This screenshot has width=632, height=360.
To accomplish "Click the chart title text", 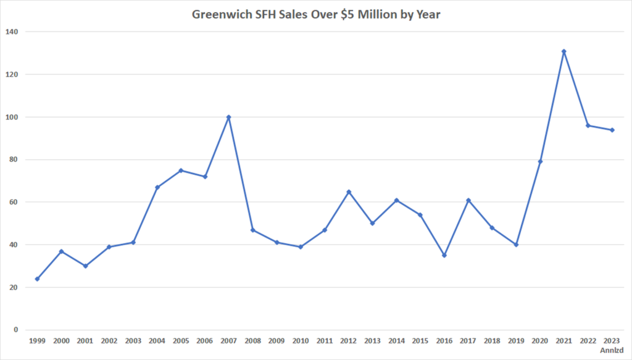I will [x=316, y=14].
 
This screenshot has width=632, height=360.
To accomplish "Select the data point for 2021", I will [x=563, y=51].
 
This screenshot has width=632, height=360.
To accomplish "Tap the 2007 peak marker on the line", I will [x=229, y=117].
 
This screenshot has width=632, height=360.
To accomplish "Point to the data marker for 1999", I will [x=37, y=279].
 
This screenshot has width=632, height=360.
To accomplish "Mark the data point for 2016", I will [x=444, y=255].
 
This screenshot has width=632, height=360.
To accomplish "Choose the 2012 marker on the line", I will [x=349, y=192].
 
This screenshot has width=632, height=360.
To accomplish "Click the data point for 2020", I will [x=540, y=162].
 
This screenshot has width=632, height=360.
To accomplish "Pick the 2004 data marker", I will [x=157, y=187].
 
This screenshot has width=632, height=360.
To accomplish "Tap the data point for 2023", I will [x=612, y=130].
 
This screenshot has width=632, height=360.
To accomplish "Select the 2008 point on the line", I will [x=252, y=230].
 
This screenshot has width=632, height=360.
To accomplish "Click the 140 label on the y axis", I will [x=12, y=31].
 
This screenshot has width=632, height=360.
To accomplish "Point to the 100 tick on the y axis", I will [x=12, y=117].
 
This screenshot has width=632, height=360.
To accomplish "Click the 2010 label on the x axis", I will [x=301, y=340].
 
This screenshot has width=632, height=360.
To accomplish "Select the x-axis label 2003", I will [x=133, y=340].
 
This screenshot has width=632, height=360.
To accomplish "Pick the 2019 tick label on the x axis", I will [x=516, y=340].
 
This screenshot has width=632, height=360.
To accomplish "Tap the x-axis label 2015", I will [x=420, y=340].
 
